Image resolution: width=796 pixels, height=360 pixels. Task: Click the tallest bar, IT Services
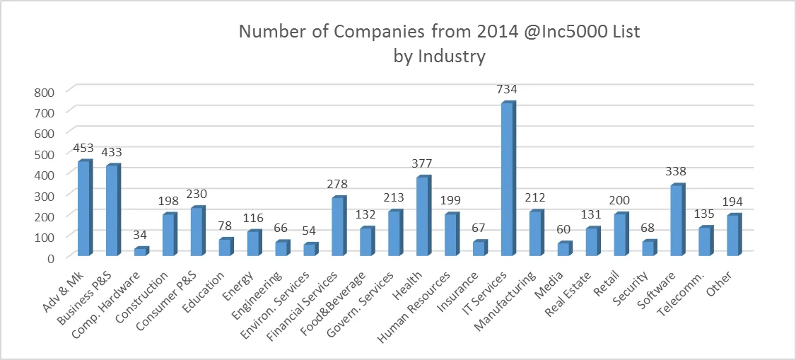click(x=506, y=180)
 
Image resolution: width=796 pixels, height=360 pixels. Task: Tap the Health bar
click(x=422, y=216)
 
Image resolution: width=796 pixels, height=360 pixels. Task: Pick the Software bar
click(x=677, y=220)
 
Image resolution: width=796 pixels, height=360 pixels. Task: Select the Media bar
click(x=563, y=249)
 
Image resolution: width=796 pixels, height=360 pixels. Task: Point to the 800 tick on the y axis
click(x=45, y=92)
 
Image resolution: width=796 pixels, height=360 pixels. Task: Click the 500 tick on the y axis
click(x=45, y=154)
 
